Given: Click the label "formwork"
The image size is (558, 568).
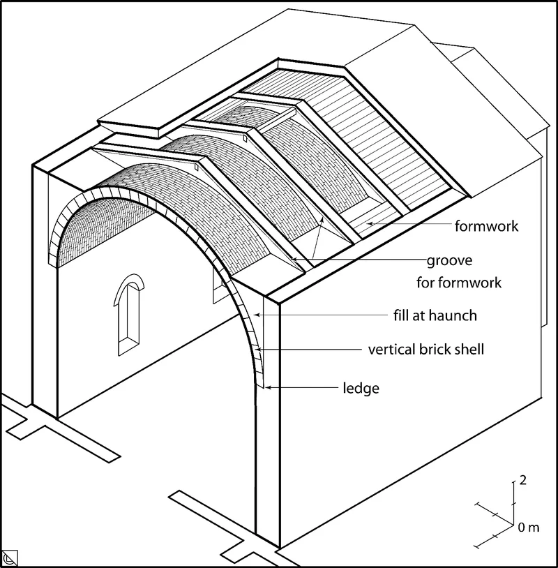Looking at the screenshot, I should (x=486, y=226).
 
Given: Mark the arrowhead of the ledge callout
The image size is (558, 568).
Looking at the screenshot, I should (x=269, y=387).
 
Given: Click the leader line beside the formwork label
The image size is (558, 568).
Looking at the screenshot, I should (x=412, y=225).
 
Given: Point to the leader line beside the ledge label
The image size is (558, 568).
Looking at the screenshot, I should (x=307, y=388).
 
